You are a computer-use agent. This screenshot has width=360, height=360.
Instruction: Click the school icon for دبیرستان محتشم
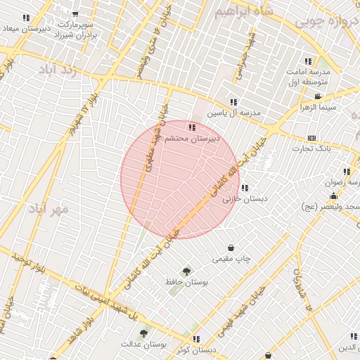[x=192, y=127]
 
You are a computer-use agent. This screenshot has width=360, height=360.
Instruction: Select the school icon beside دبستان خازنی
[x=244, y=188]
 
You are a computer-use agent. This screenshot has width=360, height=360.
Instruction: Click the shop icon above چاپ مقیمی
[x=231, y=247]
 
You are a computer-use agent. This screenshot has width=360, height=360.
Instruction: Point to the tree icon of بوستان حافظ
[x=186, y=271]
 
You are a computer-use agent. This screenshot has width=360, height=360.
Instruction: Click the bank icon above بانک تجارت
[x=311, y=138]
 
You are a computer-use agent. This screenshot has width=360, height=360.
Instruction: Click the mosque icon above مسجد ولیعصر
[x=333, y=195]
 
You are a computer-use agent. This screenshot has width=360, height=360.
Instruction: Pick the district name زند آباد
[x=56, y=70]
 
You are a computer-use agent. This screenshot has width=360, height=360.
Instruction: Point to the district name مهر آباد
[x=49, y=209]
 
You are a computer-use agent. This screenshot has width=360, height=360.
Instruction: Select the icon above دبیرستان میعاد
[x=27, y=18]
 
